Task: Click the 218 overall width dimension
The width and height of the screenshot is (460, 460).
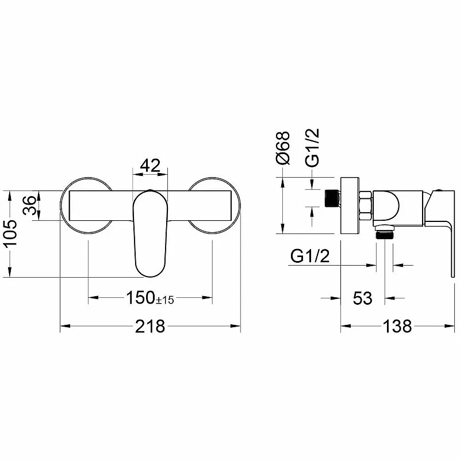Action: coord(150,326)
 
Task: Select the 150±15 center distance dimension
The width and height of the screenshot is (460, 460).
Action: coord(150,297)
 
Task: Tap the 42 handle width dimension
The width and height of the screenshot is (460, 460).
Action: coord(150,166)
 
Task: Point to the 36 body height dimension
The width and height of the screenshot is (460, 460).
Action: coord(30,205)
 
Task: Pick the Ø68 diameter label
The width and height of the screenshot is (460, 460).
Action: coord(283,148)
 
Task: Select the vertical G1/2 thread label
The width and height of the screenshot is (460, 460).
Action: coord(312,148)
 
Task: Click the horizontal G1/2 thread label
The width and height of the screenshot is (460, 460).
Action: coord(310,256)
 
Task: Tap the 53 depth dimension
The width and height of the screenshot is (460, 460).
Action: coord(362,298)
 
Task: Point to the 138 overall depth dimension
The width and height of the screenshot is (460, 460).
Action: coord(397,326)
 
